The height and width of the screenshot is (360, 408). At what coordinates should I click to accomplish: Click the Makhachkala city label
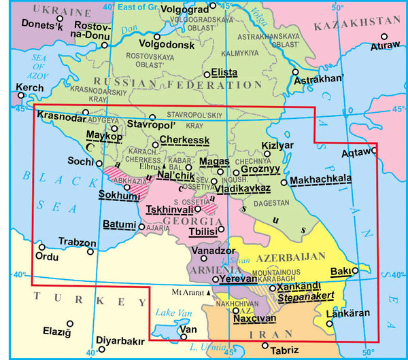(x=321, y=179)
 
